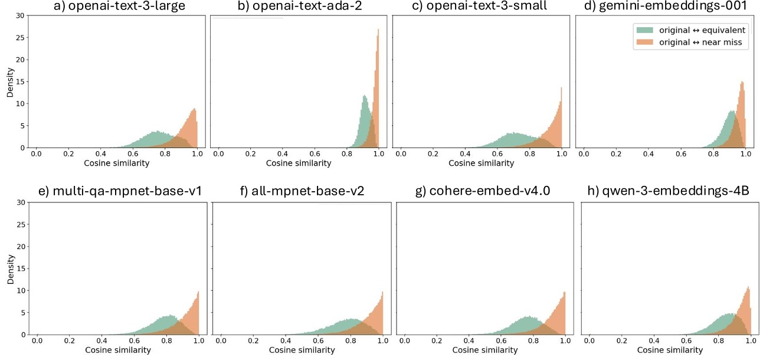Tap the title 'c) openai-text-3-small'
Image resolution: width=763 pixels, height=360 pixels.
[479, 8]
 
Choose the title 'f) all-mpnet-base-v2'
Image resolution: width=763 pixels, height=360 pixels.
[298, 192]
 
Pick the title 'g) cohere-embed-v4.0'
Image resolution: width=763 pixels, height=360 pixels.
[482, 192]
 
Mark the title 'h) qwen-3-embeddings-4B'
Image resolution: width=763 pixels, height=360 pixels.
[667, 192]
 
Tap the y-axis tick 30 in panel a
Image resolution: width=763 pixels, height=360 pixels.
[20, 15]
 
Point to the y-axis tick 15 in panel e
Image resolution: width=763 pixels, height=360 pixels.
[20, 269]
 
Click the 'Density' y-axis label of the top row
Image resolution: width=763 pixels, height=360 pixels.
[9, 81]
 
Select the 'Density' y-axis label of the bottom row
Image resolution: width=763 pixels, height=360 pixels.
[9, 268]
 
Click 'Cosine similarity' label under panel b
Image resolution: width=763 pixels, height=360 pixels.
[298, 163]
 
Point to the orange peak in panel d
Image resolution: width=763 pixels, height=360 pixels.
[742, 82]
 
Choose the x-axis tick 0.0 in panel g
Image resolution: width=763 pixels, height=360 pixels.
[405, 341]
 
